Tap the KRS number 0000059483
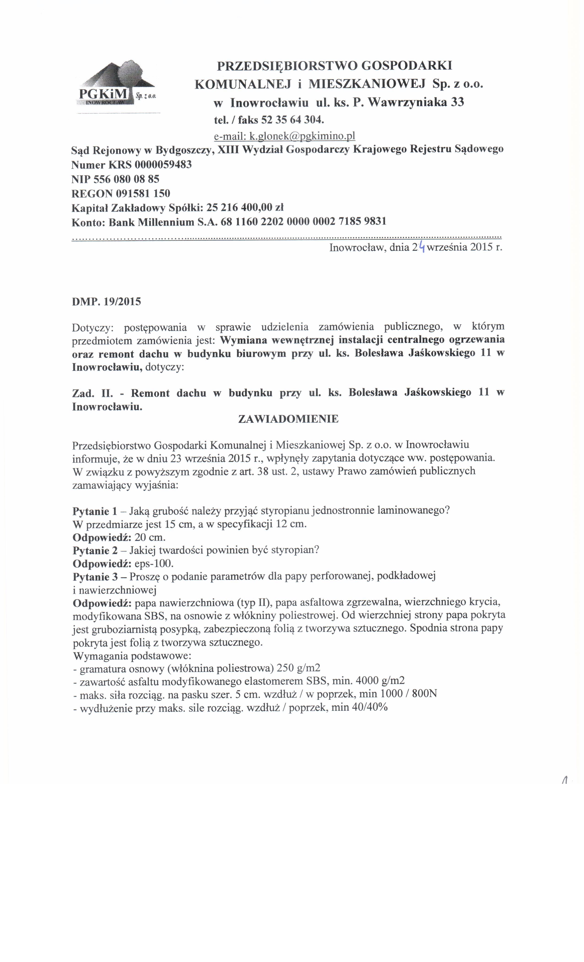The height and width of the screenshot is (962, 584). [163, 164]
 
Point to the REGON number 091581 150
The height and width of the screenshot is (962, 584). [143, 193]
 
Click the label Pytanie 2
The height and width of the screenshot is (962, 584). [95, 550]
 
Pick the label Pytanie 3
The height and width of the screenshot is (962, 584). [95, 576]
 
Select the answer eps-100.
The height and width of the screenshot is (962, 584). [154, 563]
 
